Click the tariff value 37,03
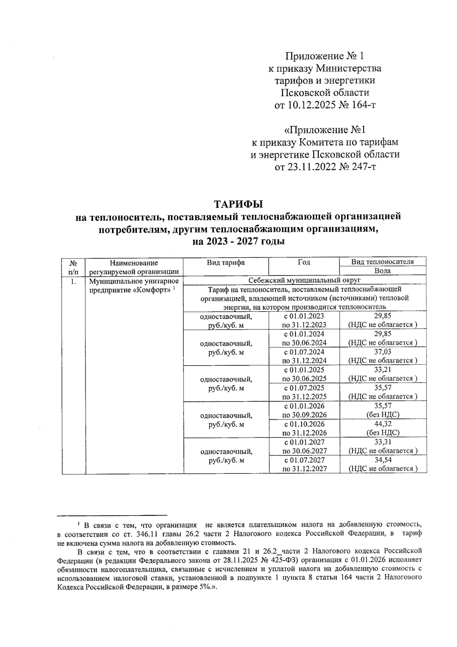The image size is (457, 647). [x=383, y=352]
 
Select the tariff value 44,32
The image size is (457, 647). [x=383, y=424]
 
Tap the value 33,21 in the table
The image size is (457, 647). [x=383, y=369]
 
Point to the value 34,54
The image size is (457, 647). [x=383, y=460]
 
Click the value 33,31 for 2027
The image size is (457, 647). [x=383, y=442]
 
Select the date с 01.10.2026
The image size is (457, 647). [x=304, y=424]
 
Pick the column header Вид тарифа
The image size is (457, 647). [x=226, y=262]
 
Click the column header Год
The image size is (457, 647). [x=304, y=262]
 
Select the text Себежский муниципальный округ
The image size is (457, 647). [x=304, y=280]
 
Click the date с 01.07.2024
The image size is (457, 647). [x=304, y=352]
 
